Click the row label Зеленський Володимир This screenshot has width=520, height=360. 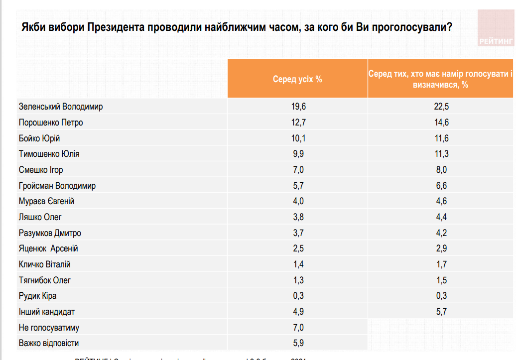(61, 107)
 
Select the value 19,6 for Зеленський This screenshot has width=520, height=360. (298, 107)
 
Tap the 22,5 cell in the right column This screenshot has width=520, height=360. (441, 107)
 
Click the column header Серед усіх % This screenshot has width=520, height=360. (297, 79)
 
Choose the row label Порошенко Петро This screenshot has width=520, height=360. (51, 122)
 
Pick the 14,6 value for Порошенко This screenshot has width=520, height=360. (441, 122)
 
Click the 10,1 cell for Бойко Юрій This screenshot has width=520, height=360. (298, 138)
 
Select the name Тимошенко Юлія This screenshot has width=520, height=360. (49, 154)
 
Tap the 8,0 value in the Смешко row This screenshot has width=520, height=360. (441, 170)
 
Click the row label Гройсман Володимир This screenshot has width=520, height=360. (57, 186)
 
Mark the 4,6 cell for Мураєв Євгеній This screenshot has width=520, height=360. (441, 201)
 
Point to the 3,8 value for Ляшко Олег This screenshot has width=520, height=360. (298, 217)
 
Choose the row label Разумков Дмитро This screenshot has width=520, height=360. (50, 233)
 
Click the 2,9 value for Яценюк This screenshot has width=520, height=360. (441, 248)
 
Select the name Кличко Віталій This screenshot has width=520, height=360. (44, 264)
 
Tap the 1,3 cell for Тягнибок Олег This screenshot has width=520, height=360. (298, 280)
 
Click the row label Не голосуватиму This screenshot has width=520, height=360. (49, 328)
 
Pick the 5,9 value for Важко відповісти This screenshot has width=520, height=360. (298, 343)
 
